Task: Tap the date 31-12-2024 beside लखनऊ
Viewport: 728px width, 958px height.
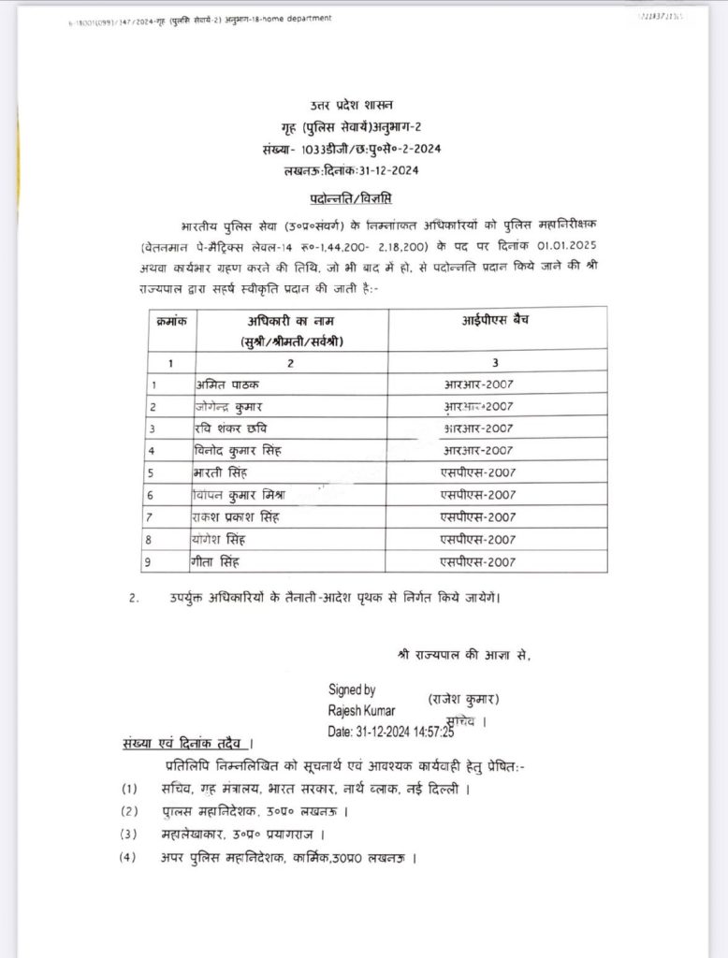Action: (386, 169)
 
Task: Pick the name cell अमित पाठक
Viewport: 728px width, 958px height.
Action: (223, 383)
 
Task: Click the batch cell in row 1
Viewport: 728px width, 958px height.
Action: (479, 384)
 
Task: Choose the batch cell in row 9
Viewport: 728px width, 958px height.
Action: (479, 562)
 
